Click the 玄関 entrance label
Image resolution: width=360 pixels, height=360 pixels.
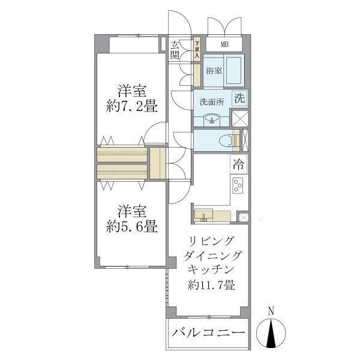(x=175, y=50)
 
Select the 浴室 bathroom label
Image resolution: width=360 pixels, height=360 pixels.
(x=214, y=70)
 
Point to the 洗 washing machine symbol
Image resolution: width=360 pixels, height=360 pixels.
(x=239, y=98)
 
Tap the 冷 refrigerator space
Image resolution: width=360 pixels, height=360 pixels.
(x=238, y=163)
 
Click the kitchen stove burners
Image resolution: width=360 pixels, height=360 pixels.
(x=237, y=185)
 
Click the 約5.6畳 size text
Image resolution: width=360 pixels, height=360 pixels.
(x=131, y=227)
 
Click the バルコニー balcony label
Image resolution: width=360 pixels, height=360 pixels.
(x=208, y=333)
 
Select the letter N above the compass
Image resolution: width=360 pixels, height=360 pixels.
(x=271, y=311)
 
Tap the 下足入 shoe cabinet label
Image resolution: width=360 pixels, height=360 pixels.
(x=196, y=49)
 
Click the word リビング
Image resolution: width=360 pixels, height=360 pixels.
(x=211, y=242)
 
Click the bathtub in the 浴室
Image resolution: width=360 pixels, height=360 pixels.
(x=234, y=70)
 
